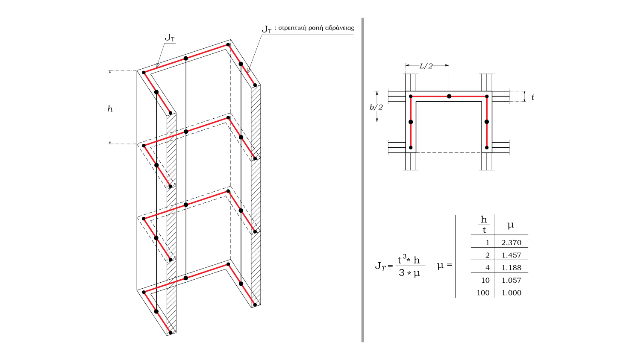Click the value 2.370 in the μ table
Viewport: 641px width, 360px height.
click(511, 243)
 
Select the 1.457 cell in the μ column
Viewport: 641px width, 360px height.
click(511, 255)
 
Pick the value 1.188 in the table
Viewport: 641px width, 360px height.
click(511, 268)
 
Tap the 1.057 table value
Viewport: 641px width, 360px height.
click(511, 281)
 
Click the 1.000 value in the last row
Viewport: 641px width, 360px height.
click(511, 293)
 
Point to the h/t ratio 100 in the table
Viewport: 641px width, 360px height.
click(483, 293)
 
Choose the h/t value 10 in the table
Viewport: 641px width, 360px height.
click(485, 281)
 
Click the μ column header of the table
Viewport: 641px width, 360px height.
click(510, 225)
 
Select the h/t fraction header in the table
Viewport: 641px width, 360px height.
click(484, 225)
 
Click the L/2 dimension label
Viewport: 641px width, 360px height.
click(426, 66)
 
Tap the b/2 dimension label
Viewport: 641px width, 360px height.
click(376, 107)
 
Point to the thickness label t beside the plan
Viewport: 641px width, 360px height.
click(532, 98)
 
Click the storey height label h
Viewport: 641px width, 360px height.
click(110, 109)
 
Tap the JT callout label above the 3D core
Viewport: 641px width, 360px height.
click(170, 38)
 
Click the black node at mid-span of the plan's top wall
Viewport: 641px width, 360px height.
click(449, 97)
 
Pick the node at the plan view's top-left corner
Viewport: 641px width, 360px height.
click(411, 97)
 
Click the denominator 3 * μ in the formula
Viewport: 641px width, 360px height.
click(409, 273)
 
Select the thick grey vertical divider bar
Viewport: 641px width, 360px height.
click(363, 179)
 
